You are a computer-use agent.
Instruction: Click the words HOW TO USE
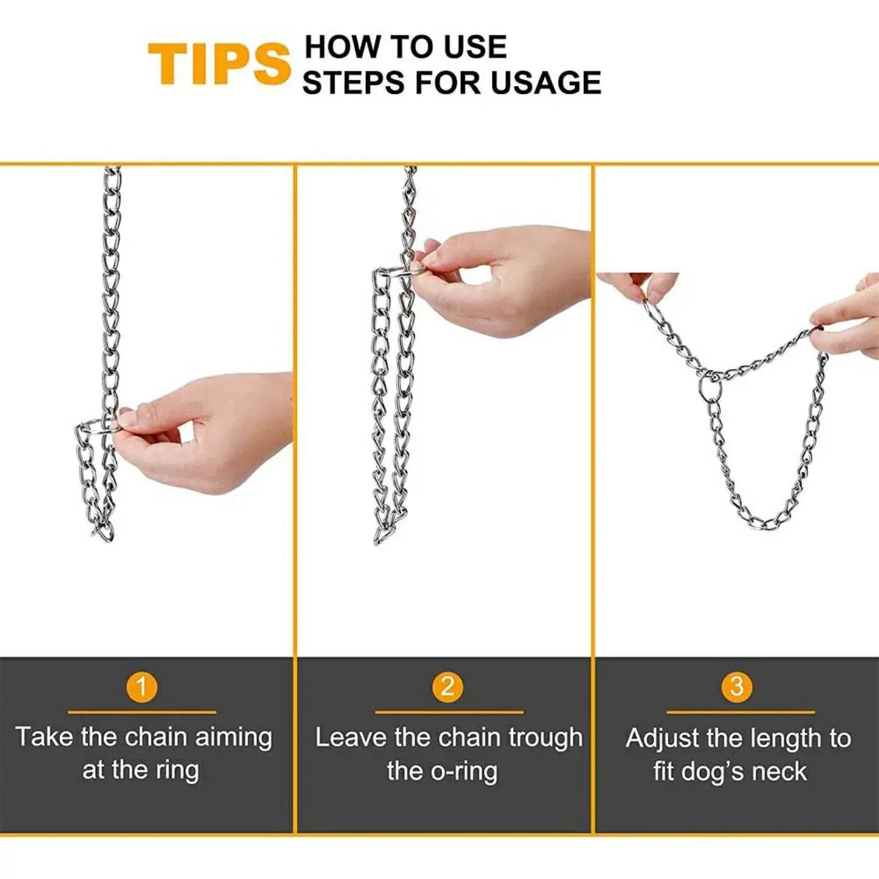[405, 47]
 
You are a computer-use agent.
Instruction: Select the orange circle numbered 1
[142, 687]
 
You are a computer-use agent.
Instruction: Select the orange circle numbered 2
[447, 687]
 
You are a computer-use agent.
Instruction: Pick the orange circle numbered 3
[737, 687]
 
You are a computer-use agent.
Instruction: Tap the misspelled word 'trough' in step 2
[545, 738]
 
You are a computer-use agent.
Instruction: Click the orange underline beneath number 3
[740, 712]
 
